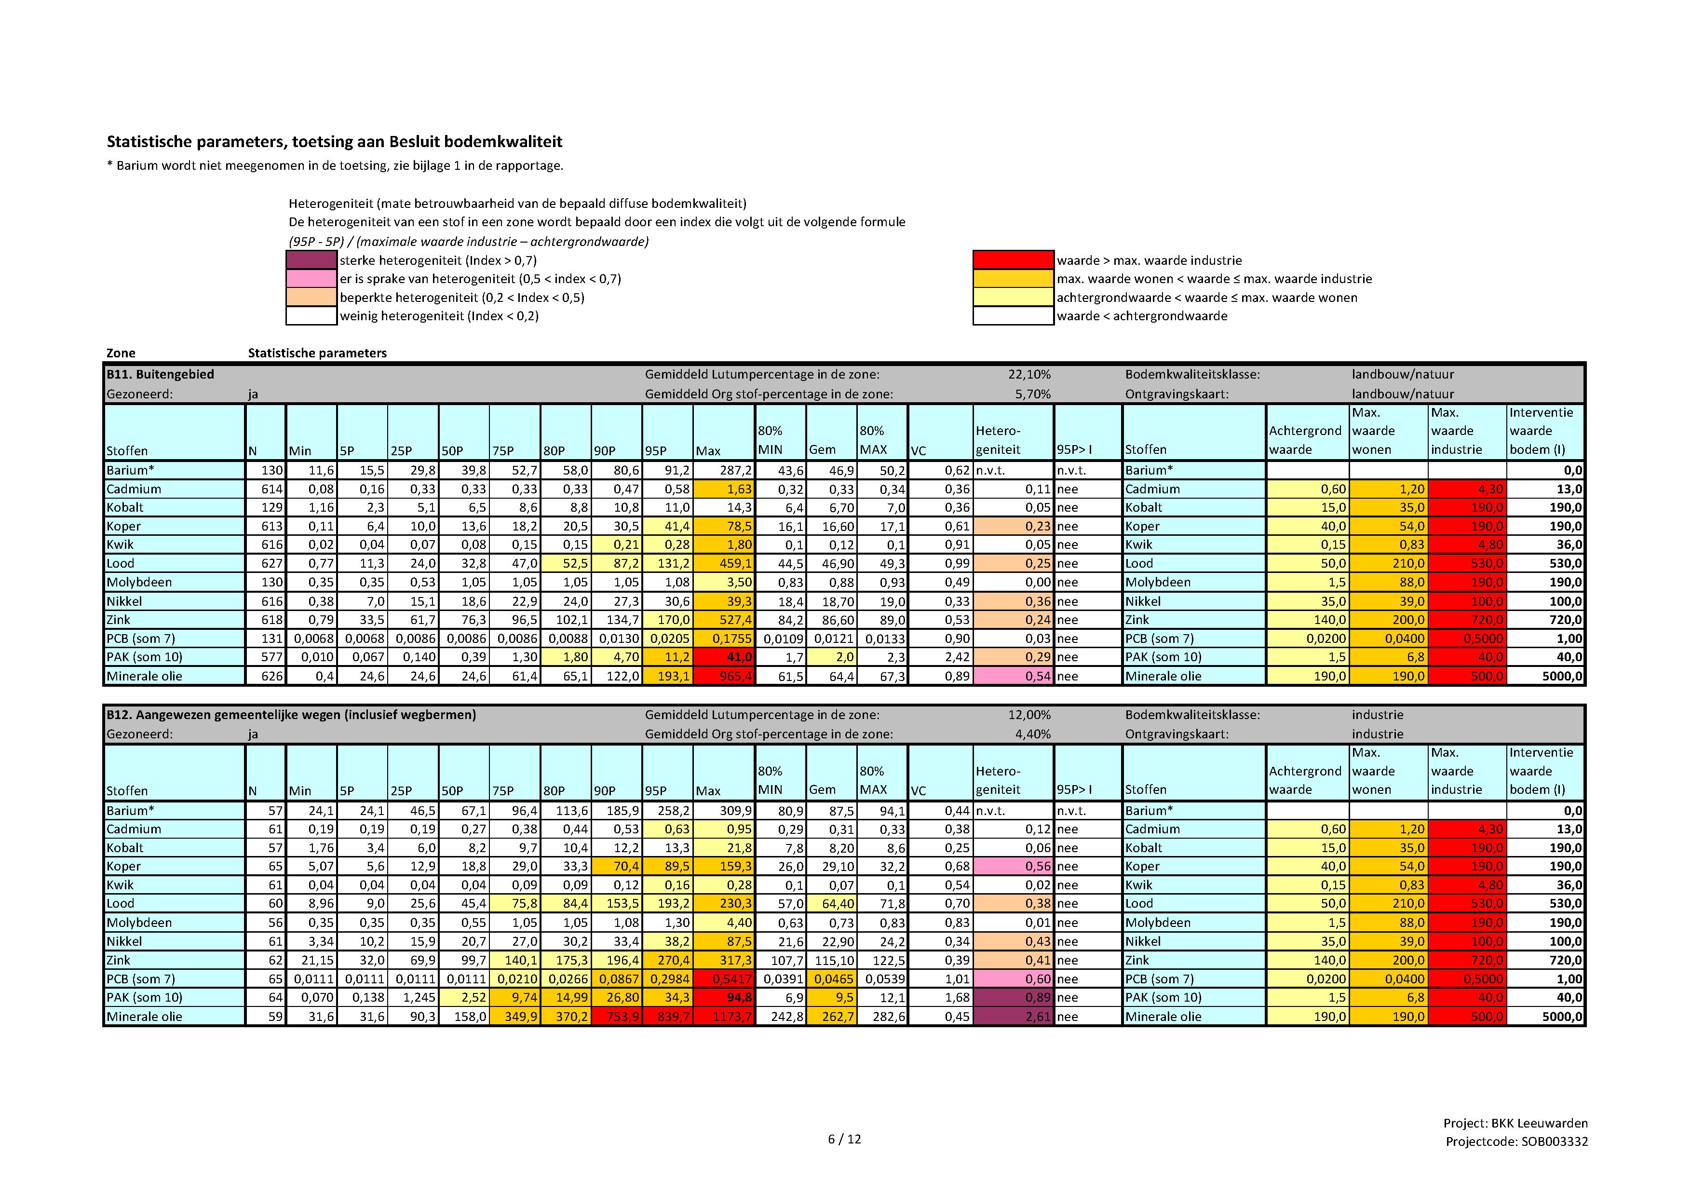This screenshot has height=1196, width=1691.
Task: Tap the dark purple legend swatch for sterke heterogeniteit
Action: point(311,260)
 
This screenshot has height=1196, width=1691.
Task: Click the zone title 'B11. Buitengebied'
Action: point(161,374)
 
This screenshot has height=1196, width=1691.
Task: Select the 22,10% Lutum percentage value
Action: point(1029,374)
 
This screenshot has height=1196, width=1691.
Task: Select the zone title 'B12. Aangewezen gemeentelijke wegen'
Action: point(291,714)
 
